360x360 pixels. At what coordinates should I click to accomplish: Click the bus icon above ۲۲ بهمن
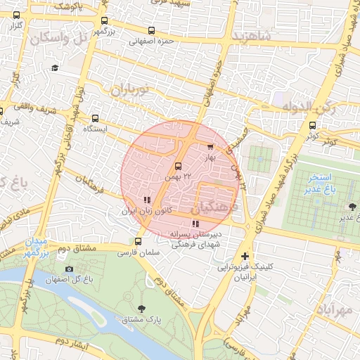point(178,167)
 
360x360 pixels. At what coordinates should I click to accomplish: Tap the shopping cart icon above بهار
point(210,147)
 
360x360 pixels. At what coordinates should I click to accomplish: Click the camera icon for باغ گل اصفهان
point(69,269)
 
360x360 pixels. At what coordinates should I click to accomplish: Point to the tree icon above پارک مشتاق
point(143,308)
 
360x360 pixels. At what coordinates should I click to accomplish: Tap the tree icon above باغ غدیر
point(352,206)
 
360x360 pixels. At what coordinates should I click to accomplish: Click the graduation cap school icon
point(55,67)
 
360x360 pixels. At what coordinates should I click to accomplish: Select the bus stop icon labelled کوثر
point(312,125)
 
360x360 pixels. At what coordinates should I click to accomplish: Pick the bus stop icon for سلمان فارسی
point(137,241)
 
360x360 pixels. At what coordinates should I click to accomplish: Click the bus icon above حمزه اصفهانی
point(152,30)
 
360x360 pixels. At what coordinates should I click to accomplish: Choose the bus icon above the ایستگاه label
point(95,119)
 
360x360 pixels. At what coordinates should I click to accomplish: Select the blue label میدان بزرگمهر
point(35,247)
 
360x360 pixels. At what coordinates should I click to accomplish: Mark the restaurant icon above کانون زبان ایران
point(147,200)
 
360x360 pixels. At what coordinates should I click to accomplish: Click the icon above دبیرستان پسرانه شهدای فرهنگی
point(195,224)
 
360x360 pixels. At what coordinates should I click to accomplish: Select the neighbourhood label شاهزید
point(252,35)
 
